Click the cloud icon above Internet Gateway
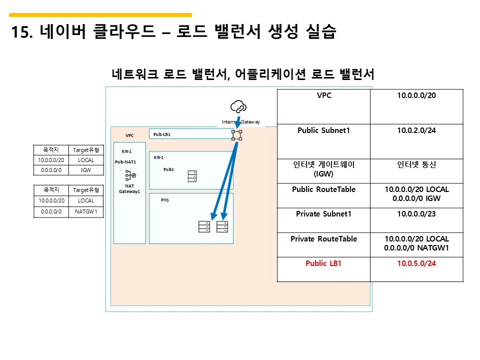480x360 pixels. coord(238,106)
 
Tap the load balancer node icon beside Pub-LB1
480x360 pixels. coord(237,135)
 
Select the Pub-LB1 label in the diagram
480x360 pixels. coord(162,134)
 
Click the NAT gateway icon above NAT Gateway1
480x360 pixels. coord(130,175)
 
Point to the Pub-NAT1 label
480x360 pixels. coord(125,162)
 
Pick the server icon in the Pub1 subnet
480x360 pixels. coord(192,176)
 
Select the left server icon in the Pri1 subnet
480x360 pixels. coord(204,226)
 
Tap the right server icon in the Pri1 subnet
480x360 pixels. coord(222,226)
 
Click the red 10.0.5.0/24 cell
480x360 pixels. coord(416,263)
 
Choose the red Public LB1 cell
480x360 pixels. coord(323,263)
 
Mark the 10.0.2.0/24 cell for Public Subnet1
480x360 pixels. coord(416,130)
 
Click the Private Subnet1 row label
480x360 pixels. coord(323,214)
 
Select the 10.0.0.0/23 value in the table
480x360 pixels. coord(416,214)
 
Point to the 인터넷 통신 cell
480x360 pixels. coord(416,164)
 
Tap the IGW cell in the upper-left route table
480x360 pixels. coord(86,170)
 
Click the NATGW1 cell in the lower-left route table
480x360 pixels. coord(86,211)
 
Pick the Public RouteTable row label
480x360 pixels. coord(323,189)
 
